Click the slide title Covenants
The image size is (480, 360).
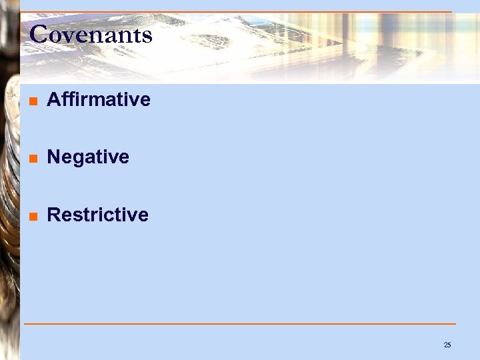pos(91,35)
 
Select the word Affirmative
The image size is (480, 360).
pos(99,100)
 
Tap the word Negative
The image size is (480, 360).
pos(88,157)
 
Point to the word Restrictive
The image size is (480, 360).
pos(98,215)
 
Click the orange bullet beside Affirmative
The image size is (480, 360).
pos(33,101)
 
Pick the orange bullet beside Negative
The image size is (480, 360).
pos(33,159)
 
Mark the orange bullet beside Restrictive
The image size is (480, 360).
pos(33,216)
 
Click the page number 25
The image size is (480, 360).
pos(447,345)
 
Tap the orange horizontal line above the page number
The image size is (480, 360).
pos(240,324)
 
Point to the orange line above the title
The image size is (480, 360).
pos(240,12)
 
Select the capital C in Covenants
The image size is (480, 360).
pos(38,35)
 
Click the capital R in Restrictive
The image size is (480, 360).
pos(54,215)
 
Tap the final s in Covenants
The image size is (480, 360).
pos(147,35)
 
